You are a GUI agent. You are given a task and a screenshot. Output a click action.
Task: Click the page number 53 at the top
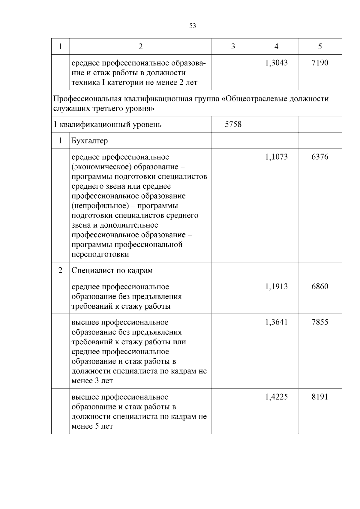point(193,26)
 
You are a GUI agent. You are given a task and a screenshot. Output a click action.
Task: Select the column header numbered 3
point(233,46)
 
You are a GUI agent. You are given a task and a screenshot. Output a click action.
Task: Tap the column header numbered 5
point(320,46)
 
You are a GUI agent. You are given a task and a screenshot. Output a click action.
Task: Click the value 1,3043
point(276,63)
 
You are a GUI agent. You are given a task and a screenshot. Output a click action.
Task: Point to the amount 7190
point(320,63)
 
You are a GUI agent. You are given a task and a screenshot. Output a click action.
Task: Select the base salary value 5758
point(233,124)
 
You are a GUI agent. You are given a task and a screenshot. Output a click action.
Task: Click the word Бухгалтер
point(90,141)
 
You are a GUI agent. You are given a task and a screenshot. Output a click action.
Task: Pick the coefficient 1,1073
point(276,157)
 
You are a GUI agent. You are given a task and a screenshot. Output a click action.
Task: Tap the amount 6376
point(320,157)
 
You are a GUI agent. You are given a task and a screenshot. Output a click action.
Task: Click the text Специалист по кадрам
point(112,271)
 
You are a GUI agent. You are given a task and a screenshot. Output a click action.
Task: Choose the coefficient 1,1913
point(276,286)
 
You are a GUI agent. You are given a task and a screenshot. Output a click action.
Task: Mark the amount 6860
point(320,286)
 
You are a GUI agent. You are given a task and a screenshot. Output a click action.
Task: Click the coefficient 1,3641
point(276,322)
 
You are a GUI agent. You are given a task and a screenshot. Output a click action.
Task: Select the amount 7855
point(320,322)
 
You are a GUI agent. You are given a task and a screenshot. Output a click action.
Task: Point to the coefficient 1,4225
point(276,397)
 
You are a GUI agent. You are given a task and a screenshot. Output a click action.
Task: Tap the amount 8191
point(320,397)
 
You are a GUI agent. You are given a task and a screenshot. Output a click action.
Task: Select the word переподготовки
point(100,254)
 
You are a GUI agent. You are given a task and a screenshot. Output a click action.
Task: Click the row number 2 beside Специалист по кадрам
point(60,271)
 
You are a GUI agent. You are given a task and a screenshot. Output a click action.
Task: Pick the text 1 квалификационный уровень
point(107,124)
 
